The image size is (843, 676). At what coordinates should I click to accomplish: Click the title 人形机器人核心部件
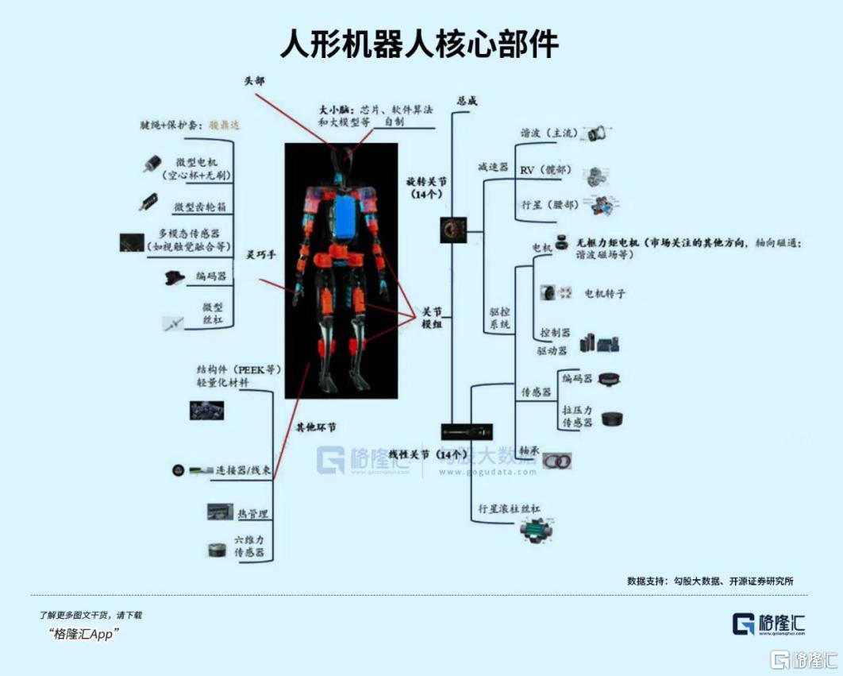tap(420, 44)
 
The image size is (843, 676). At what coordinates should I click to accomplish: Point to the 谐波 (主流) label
tap(548, 133)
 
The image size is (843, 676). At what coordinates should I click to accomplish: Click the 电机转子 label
tap(606, 294)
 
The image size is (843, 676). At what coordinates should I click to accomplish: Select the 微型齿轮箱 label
tap(200, 207)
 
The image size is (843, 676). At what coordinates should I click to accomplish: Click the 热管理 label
tap(252, 514)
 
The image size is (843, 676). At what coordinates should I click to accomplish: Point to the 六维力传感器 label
tap(249, 546)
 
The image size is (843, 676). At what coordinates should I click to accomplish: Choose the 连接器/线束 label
tap(244, 470)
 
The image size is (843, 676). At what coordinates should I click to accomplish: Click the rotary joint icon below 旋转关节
tap(453, 230)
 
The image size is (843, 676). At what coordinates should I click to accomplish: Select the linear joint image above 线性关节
tap(468, 432)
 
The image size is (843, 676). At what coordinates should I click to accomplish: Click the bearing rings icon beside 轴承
tap(556, 460)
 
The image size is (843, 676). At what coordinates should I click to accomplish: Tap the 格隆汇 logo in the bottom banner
tap(768, 623)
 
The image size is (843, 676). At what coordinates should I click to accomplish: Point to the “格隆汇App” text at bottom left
tap(83, 634)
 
